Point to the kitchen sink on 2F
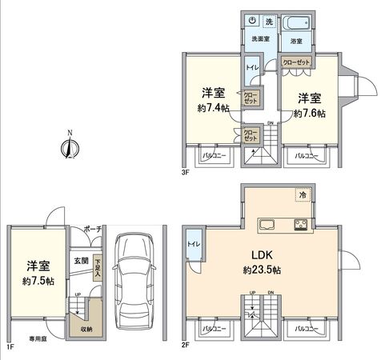(x=267, y=223)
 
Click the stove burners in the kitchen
(x=302, y=223)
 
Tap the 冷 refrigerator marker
(x=303, y=194)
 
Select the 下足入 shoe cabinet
(x=97, y=266)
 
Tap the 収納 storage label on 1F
(x=86, y=326)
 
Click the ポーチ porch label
(x=91, y=230)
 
